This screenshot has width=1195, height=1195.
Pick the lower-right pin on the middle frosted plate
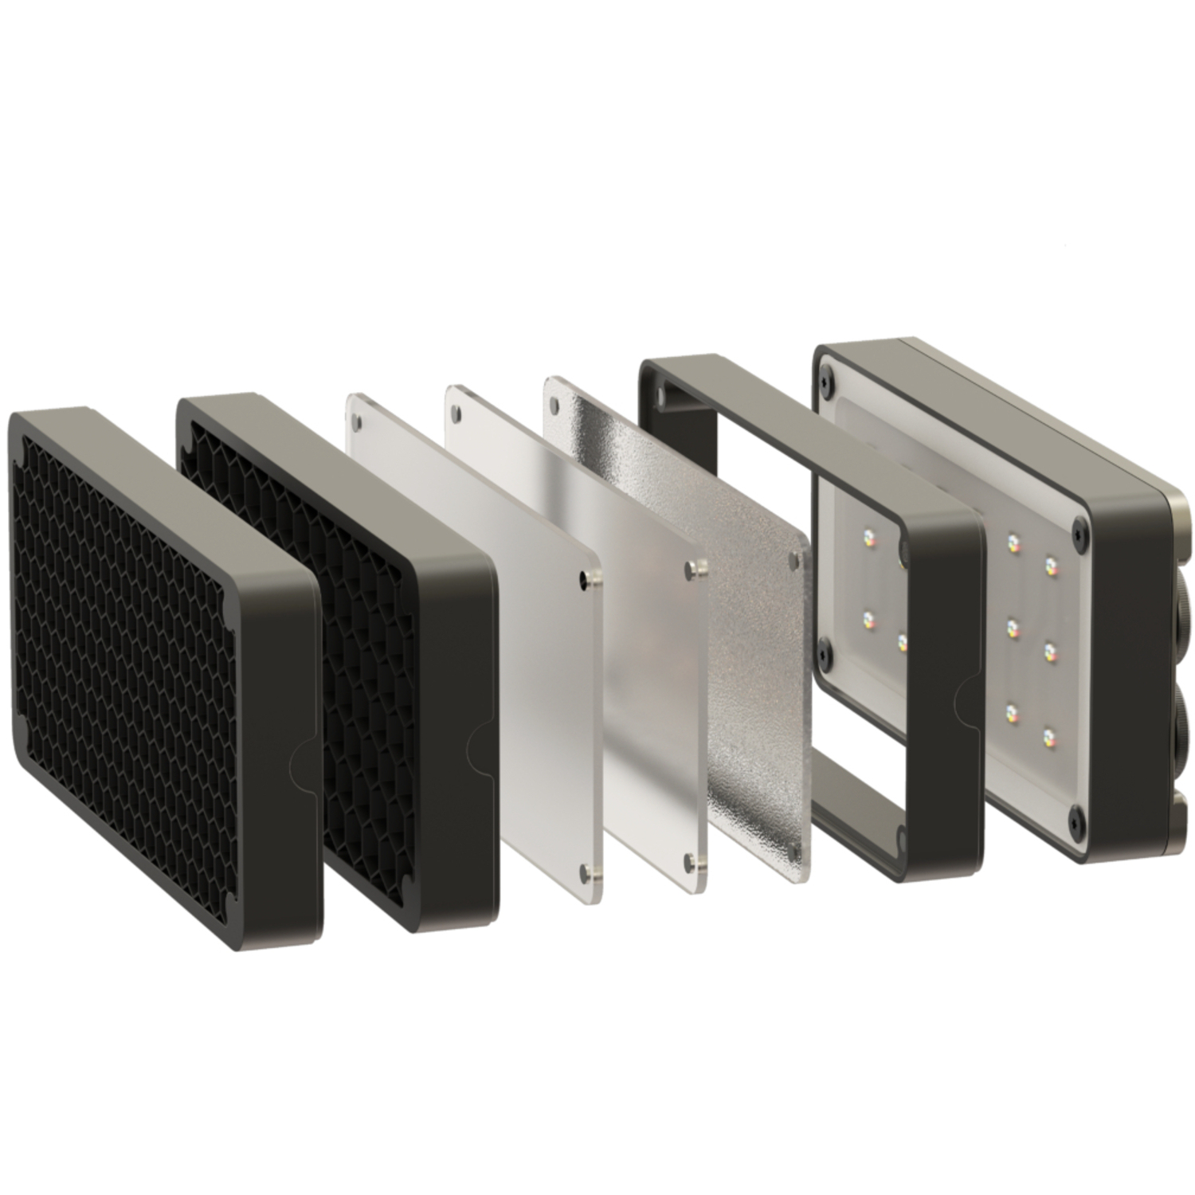692,858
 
